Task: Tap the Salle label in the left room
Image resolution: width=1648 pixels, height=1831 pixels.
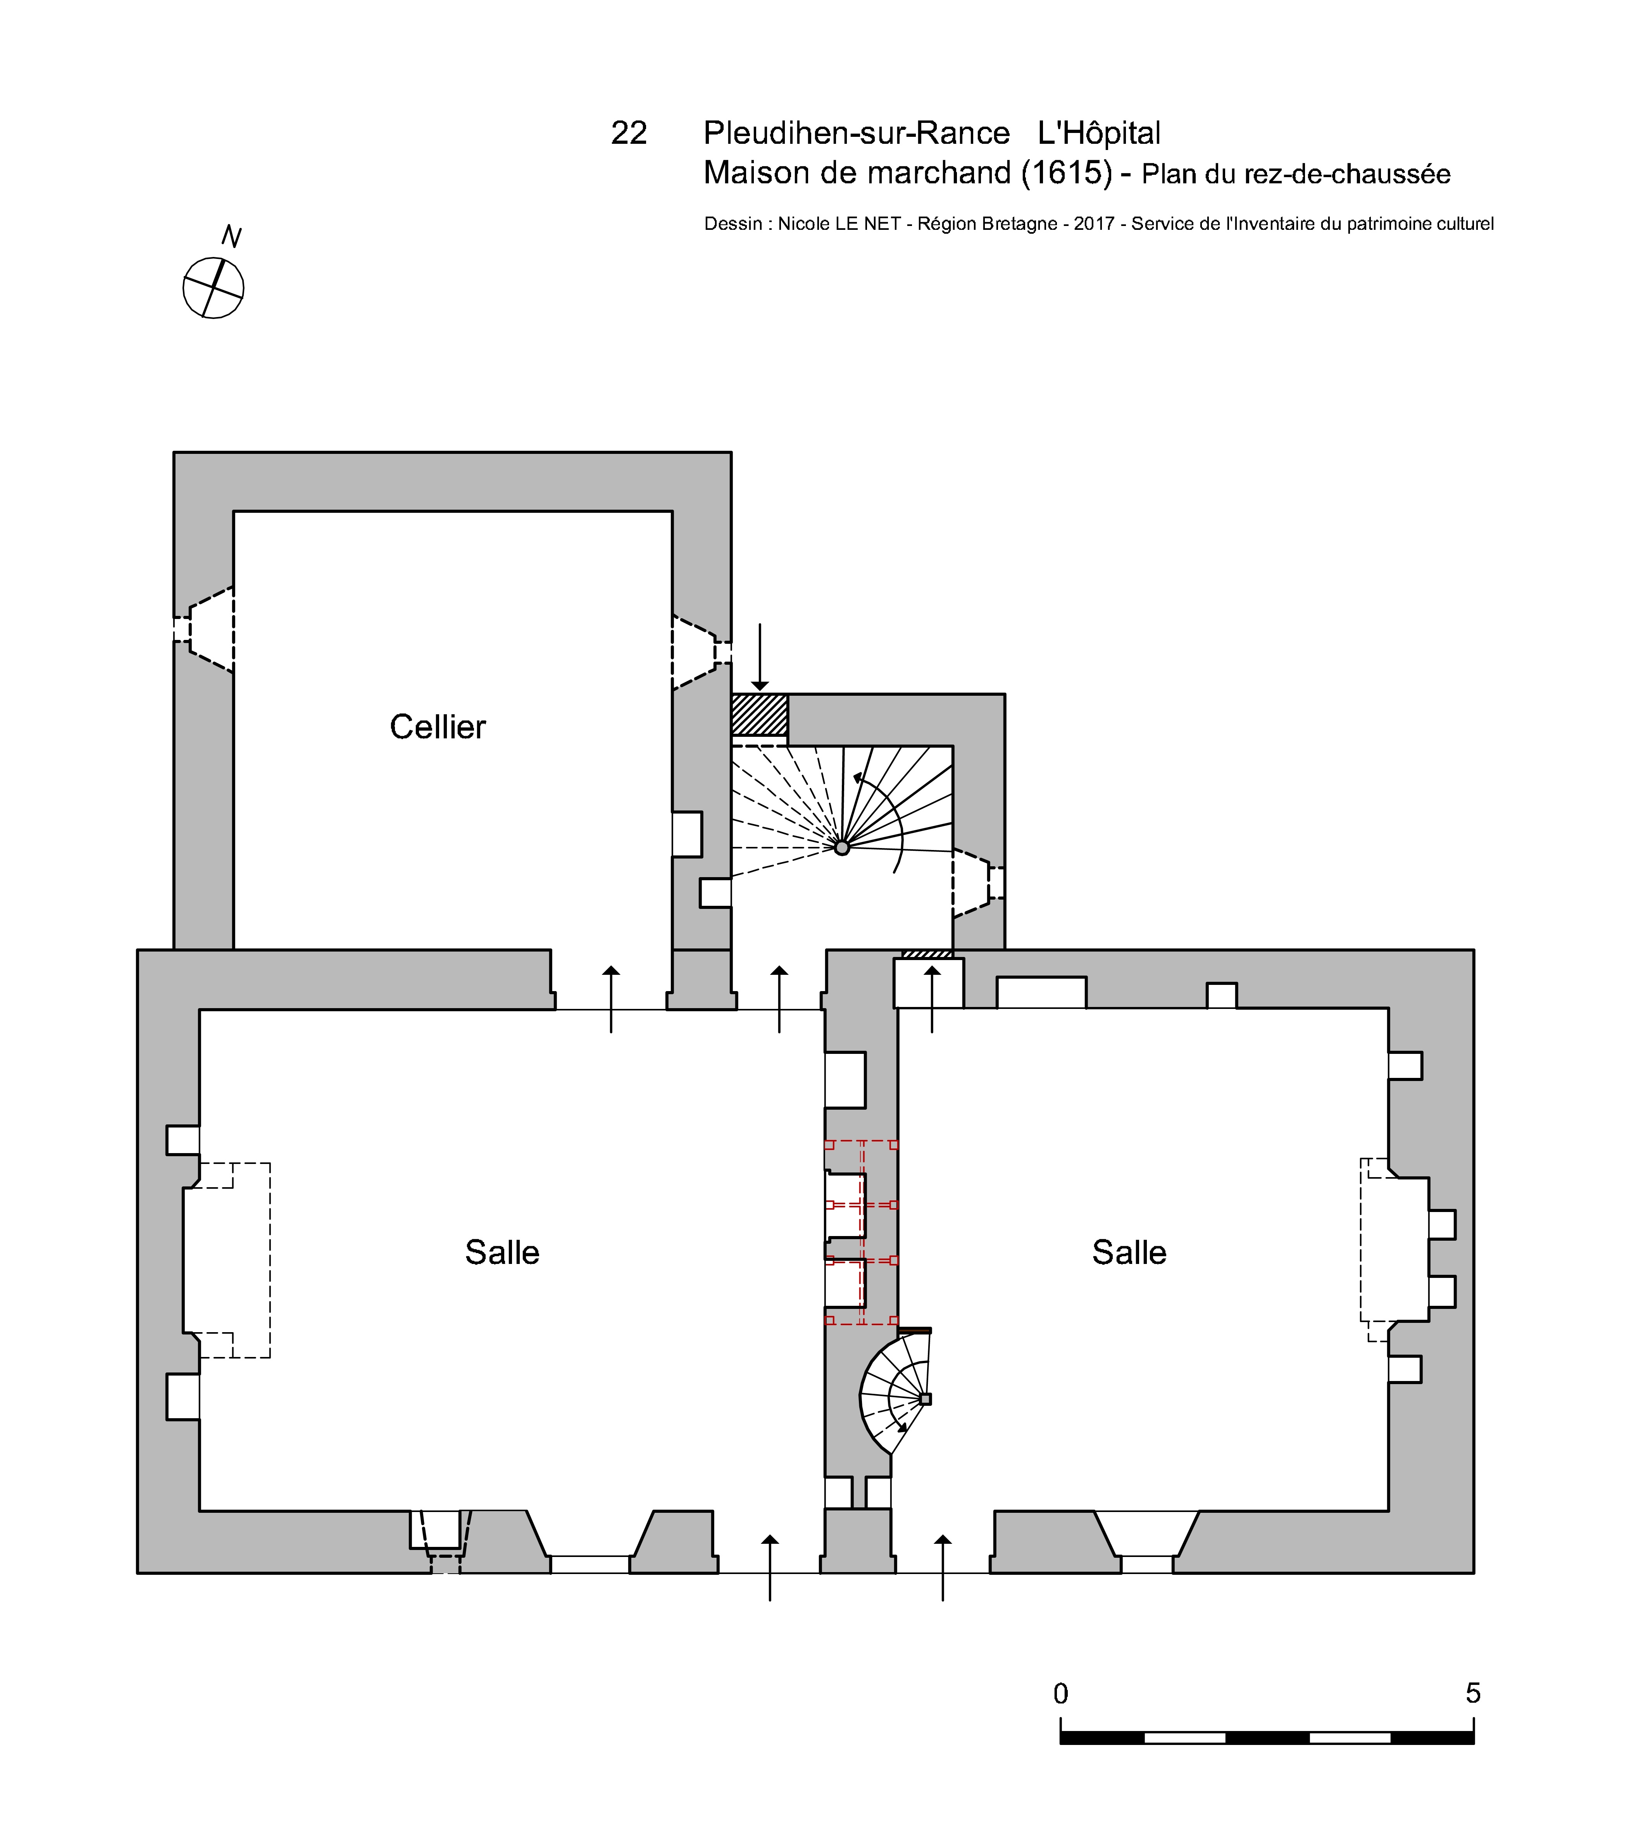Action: pyautogui.click(x=503, y=1252)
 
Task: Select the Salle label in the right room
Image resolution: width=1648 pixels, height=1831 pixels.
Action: pyautogui.click(x=1129, y=1252)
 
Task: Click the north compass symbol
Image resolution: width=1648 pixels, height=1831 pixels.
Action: pyautogui.click(x=214, y=288)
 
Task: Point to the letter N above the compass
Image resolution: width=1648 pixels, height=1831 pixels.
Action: pyautogui.click(x=232, y=236)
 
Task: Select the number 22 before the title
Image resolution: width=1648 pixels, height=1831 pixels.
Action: pyautogui.click(x=629, y=133)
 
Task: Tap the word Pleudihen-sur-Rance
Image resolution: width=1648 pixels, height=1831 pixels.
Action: pyautogui.click(x=857, y=133)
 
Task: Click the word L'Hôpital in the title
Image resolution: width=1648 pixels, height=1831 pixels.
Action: pyautogui.click(x=1099, y=133)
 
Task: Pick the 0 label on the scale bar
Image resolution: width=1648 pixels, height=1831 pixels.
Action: pyautogui.click(x=1061, y=1693)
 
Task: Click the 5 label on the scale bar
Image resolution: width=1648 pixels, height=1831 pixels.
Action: pyautogui.click(x=1473, y=1693)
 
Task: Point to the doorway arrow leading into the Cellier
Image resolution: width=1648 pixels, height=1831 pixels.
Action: pyautogui.click(x=611, y=999)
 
